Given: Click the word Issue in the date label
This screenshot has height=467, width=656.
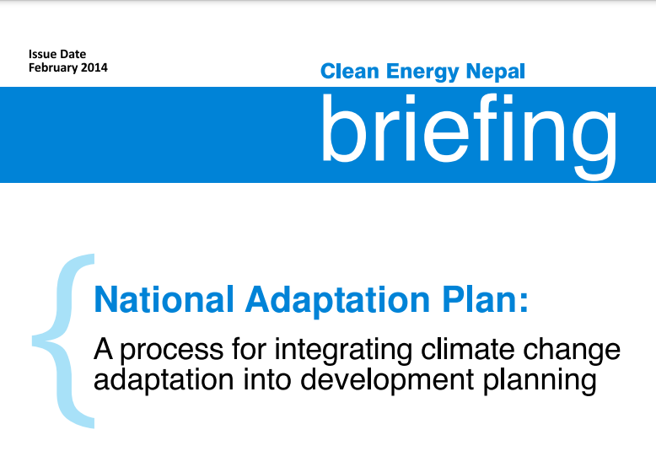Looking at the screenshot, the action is pyautogui.click(x=42, y=54).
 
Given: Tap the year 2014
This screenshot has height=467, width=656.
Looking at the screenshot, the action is pyautogui.click(x=94, y=67).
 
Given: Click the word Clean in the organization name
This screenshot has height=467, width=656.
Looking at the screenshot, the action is pyautogui.click(x=349, y=71).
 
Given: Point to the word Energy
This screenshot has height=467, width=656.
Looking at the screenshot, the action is pyautogui.click(x=422, y=72).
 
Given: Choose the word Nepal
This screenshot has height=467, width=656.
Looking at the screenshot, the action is pyautogui.click(x=495, y=72).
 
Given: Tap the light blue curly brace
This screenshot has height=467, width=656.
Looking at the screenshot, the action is pyautogui.click(x=62, y=341).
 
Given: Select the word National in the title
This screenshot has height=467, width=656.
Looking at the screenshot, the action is pyautogui.click(x=164, y=299).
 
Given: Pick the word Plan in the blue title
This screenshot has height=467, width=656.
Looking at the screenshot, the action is pyautogui.click(x=480, y=299).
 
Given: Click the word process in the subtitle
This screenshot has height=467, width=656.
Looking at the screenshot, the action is pyautogui.click(x=172, y=352).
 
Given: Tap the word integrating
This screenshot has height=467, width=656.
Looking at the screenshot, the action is pyautogui.click(x=343, y=351).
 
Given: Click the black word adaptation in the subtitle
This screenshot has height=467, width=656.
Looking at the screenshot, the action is pyautogui.click(x=164, y=380).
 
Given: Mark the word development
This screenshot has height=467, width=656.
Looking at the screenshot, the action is pyautogui.click(x=387, y=380).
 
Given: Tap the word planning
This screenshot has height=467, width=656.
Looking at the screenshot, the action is pyautogui.click(x=540, y=380).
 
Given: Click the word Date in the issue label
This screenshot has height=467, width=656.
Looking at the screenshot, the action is pyautogui.click(x=73, y=54).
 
